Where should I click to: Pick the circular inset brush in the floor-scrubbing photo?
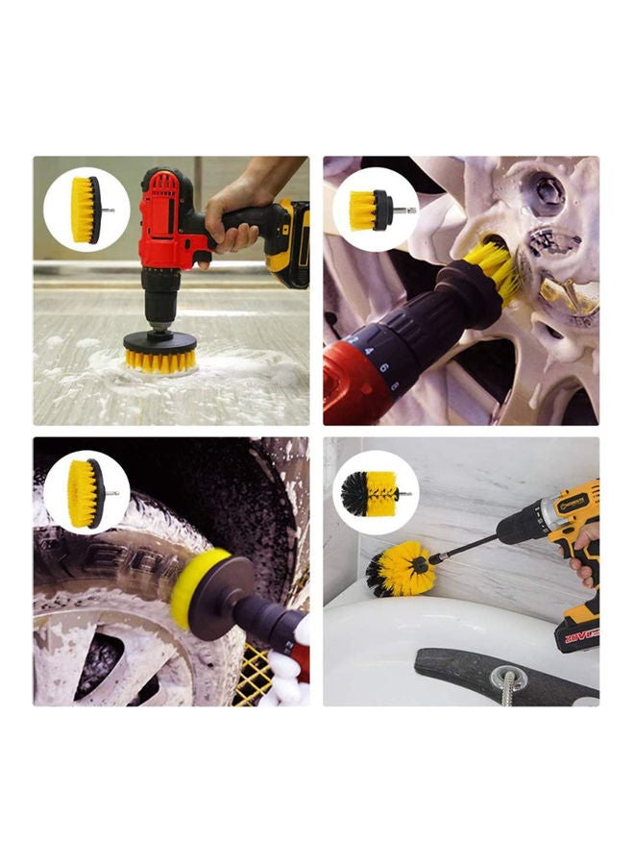[86, 209]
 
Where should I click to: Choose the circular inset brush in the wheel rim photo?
[376, 210]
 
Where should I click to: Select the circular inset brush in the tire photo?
[86, 492]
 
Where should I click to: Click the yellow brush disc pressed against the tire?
[191, 587]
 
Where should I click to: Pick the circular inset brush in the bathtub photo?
[376, 492]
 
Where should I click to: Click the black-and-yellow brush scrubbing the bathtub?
[400, 569]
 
